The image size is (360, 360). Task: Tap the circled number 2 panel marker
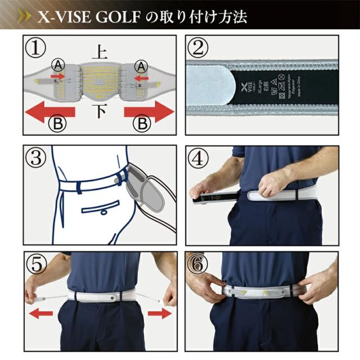tap(197, 48)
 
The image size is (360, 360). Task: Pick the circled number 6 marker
tap(197, 263)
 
